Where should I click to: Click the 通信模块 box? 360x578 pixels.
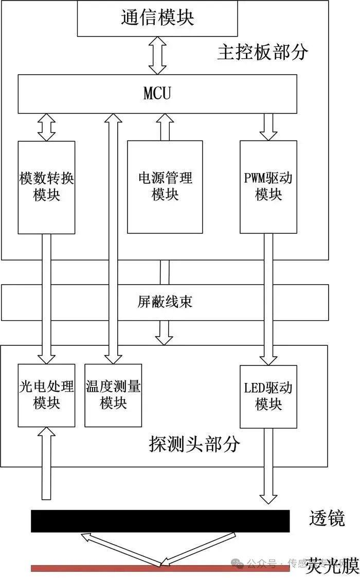(x=157, y=18)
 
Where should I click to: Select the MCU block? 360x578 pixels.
(x=157, y=94)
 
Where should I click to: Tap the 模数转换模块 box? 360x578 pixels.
(x=46, y=187)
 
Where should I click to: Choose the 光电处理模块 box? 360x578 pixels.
(x=46, y=395)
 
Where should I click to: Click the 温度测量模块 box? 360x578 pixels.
(x=113, y=395)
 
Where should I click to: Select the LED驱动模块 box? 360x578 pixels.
(x=268, y=396)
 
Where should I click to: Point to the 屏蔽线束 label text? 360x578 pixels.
(x=165, y=302)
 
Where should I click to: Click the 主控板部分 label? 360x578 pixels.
(x=262, y=52)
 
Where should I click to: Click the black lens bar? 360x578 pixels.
(x=160, y=521)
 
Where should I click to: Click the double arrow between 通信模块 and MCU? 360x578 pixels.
(x=157, y=56)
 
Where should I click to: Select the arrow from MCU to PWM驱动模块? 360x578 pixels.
(x=268, y=127)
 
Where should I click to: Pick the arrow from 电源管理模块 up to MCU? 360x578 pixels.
(x=165, y=127)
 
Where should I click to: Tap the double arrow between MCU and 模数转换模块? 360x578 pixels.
(x=46, y=127)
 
